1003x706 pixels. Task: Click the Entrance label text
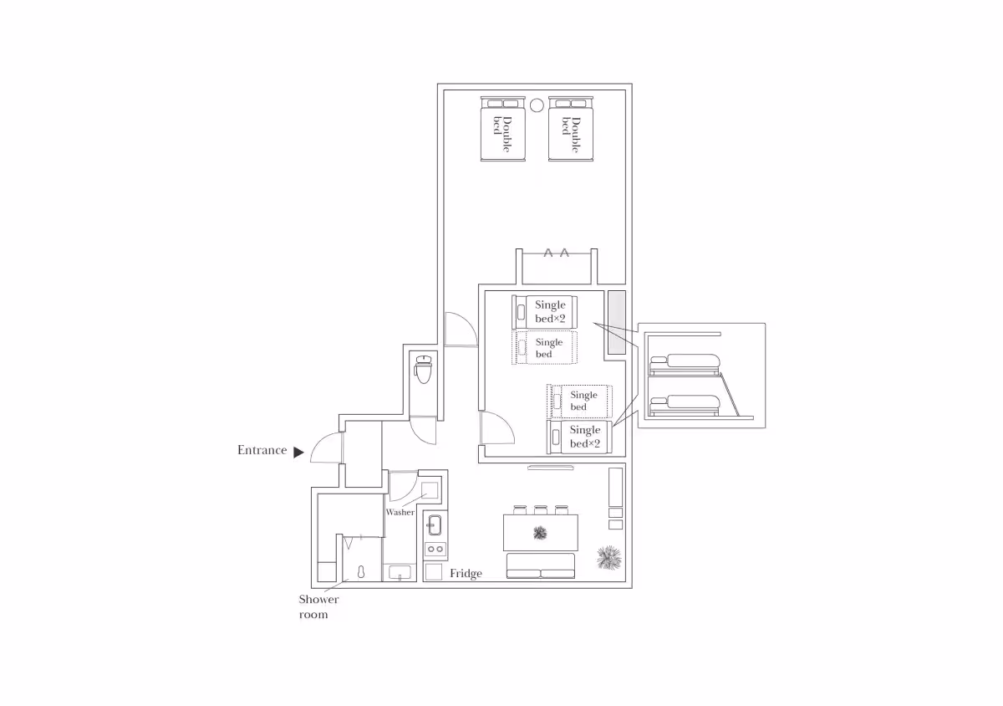click(x=262, y=450)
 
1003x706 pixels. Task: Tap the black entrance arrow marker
click(x=298, y=453)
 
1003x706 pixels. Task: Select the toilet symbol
click(x=423, y=370)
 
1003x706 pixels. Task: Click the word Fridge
click(x=466, y=573)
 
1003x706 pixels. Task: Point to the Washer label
click(x=400, y=512)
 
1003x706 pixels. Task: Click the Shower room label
click(x=318, y=606)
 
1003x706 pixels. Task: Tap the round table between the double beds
click(x=537, y=105)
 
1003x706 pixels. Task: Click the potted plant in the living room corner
click(x=609, y=558)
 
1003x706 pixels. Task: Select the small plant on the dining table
click(x=540, y=533)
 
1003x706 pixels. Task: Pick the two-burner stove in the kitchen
click(x=435, y=549)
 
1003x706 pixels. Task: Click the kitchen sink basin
click(x=435, y=525)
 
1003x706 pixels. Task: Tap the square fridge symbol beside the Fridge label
click(x=433, y=572)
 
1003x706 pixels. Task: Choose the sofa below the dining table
click(x=541, y=565)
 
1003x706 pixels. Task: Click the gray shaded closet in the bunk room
click(x=617, y=323)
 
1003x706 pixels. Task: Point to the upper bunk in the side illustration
click(x=685, y=364)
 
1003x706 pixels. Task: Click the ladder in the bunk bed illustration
click(x=730, y=395)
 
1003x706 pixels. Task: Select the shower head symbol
click(x=361, y=572)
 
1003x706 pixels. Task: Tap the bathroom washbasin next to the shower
click(x=400, y=573)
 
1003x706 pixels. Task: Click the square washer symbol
click(x=429, y=490)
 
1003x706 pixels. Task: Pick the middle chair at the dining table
click(x=541, y=510)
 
